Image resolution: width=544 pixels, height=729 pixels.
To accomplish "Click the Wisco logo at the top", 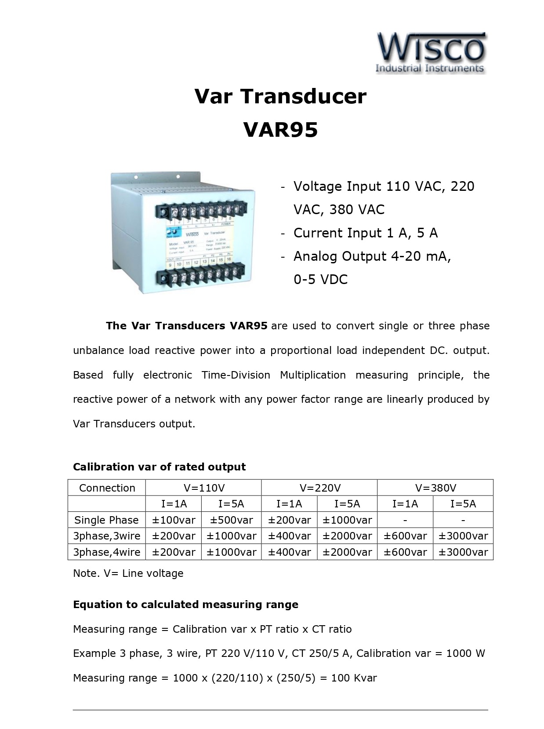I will tap(431, 52).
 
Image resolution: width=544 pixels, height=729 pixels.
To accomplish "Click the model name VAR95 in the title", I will tap(280, 130).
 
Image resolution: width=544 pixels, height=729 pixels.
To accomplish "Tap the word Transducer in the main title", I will tap(317, 96).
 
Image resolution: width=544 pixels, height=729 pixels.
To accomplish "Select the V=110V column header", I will tap(203, 488).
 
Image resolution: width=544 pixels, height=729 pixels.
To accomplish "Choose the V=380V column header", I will tap(435, 488).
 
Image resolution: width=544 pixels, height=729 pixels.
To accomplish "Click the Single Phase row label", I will tap(106, 520).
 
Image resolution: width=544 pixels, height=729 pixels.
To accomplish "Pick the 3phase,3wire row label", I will tap(106, 536).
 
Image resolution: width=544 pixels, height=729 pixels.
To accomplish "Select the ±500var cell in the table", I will tap(231, 520).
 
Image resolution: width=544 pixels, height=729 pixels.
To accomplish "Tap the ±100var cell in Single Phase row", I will tap(174, 520).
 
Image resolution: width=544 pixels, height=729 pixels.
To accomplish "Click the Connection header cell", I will tap(107, 488).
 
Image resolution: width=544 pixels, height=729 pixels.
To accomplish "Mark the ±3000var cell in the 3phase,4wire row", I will tap(463, 552).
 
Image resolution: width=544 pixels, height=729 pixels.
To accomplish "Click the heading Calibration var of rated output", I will tap(159, 467).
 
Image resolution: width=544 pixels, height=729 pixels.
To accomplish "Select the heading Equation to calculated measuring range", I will tap(185, 605).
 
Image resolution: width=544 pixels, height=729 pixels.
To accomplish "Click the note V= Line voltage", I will tap(128, 573).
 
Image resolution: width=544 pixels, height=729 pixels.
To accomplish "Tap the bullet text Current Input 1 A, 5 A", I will tap(366, 233).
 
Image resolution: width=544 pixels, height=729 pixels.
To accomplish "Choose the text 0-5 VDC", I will tap(320, 280).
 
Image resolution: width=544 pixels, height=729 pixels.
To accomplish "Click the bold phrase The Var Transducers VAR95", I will tap(186, 326).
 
